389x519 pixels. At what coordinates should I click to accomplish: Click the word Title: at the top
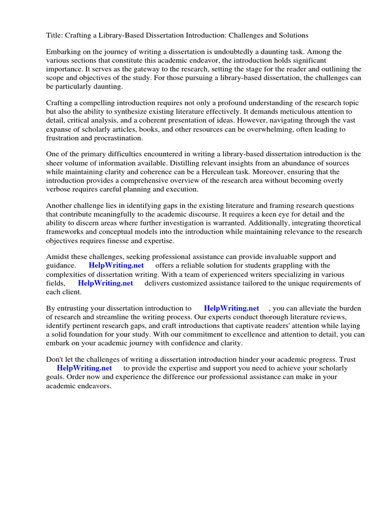(55, 35)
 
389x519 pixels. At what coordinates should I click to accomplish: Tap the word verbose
(60, 189)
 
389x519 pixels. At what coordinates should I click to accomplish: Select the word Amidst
(59, 257)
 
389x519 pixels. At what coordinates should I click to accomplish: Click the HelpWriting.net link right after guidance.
(116, 266)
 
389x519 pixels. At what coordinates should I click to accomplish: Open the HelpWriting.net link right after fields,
(105, 283)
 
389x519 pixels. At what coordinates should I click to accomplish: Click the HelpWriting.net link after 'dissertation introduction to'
(231, 308)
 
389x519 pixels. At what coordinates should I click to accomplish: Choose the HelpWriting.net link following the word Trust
(84, 368)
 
